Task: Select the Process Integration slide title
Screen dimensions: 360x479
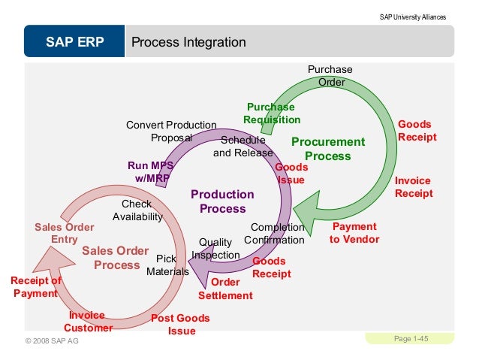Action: [x=188, y=42]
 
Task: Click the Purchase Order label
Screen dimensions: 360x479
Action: [x=330, y=75]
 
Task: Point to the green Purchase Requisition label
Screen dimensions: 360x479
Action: [x=272, y=113]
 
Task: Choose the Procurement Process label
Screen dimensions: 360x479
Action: [x=328, y=149]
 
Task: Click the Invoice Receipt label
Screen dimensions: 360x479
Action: [x=414, y=187]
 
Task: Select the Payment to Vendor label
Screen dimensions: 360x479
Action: [x=354, y=233]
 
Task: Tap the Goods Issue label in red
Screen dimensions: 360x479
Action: [x=291, y=174]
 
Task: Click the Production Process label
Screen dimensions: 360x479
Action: [x=222, y=201]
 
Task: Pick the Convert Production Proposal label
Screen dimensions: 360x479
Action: [x=171, y=132]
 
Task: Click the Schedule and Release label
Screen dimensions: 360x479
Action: [x=243, y=147]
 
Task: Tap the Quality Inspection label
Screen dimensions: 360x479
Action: [x=215, y=249]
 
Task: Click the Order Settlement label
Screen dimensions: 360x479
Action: [x=225, y=289]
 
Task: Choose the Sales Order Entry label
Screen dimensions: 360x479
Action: [x=65, y=233]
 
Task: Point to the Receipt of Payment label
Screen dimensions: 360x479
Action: [x=35, y=287]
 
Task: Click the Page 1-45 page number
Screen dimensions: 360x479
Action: [x=411, y=340]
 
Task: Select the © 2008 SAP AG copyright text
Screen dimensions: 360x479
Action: [x=52, y=342]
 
